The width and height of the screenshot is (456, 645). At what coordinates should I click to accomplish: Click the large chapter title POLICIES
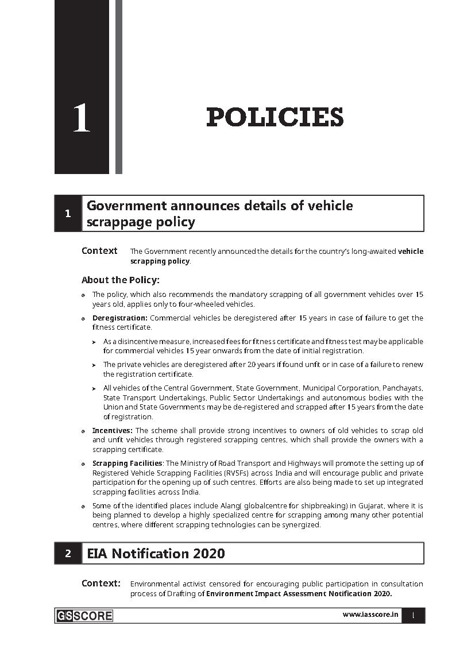point(275,118)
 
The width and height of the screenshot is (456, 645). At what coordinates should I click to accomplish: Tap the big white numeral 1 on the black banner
point(82,119)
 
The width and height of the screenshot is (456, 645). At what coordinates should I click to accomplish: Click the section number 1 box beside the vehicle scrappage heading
point(68,214)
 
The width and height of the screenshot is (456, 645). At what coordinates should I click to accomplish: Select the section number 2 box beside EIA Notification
point(68,554)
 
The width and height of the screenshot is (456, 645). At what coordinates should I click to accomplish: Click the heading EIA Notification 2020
point(156,554)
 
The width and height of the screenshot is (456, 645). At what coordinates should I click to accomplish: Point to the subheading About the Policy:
point(120,280)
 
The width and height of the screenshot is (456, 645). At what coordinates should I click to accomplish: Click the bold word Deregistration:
point(120,318)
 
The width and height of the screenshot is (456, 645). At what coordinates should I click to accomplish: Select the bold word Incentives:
point(113,430)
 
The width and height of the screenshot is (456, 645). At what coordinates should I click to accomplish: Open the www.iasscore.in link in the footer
point(370,615)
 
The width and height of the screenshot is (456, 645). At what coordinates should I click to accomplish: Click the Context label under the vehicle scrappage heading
point(99,251)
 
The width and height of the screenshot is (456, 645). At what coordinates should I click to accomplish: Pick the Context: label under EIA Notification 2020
point(101,584)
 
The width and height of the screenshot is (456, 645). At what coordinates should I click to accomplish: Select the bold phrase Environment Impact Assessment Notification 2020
point(299,594)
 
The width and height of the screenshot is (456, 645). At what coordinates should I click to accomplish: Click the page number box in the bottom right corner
point(413,615)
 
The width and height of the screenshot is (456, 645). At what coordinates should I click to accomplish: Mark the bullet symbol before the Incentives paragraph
point(84,431)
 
